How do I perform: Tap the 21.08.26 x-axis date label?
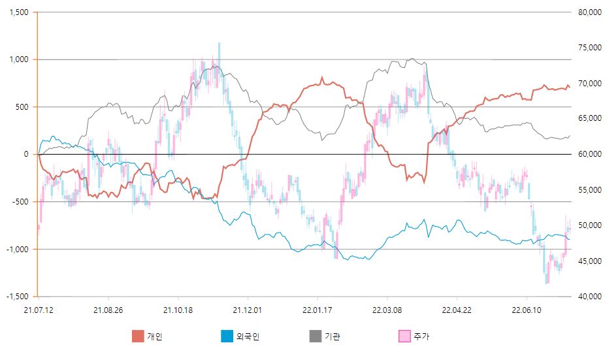[108, 310]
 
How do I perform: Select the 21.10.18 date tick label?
[177, 310]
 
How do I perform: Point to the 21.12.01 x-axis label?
[247, 310]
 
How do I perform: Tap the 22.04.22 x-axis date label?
[456, 310]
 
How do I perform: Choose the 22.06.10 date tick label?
[526, 310]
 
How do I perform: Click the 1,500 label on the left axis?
[19, 12]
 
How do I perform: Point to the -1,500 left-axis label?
[18, 297]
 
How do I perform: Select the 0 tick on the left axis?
[26, 154]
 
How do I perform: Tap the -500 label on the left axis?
[20, 202]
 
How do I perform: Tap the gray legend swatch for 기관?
[316, 336]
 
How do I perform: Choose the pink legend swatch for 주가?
[404, 336]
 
